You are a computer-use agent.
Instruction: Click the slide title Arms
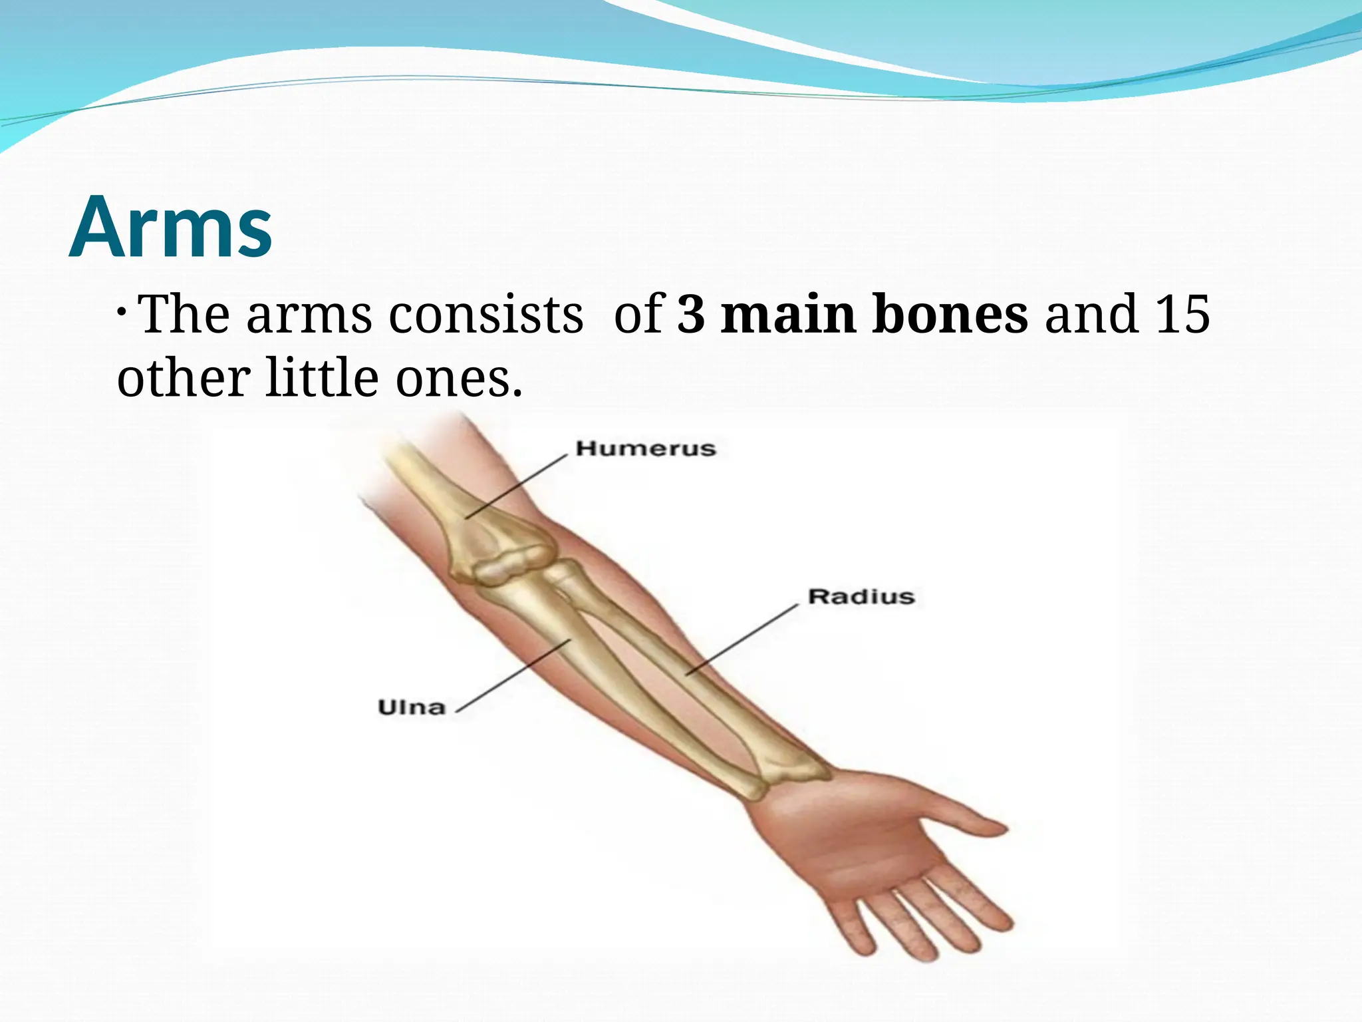(170, 227)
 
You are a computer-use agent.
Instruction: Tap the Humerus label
(646, 448)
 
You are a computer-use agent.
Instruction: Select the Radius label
(861, 596)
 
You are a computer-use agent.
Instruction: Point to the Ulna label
(412, 707)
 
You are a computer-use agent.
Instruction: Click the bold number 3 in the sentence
(691, 314)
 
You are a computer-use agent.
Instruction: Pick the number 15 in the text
(1182, 314)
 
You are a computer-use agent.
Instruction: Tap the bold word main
(788, 314)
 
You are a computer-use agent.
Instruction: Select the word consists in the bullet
(485, 314)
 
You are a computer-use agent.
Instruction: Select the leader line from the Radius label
(742, 640)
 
